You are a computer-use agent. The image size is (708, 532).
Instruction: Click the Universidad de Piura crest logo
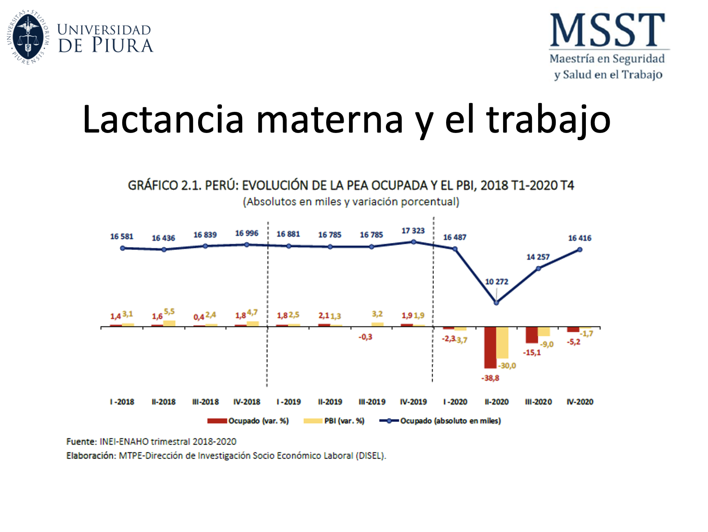coord(28,36)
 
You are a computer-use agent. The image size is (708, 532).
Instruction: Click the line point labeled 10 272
coord(496,302)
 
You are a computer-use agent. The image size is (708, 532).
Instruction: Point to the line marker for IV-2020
coord(580,249)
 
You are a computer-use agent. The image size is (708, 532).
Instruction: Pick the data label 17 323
coord(413,231)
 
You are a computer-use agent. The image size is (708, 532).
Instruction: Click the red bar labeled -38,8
coord(490,347)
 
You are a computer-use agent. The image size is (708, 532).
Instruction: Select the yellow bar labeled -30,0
coord(502,342)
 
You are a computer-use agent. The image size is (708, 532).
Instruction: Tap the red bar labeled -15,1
coord(532,335)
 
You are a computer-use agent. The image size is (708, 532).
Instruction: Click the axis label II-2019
coord(330,402)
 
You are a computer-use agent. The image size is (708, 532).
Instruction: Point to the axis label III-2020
coord(538,402)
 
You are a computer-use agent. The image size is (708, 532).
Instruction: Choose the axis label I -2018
coord(122,402)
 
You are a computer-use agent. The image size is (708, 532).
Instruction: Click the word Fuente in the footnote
coord(81,442)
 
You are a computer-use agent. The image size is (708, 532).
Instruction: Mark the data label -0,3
coord(365,337)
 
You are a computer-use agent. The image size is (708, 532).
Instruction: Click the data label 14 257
coord(538,257)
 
